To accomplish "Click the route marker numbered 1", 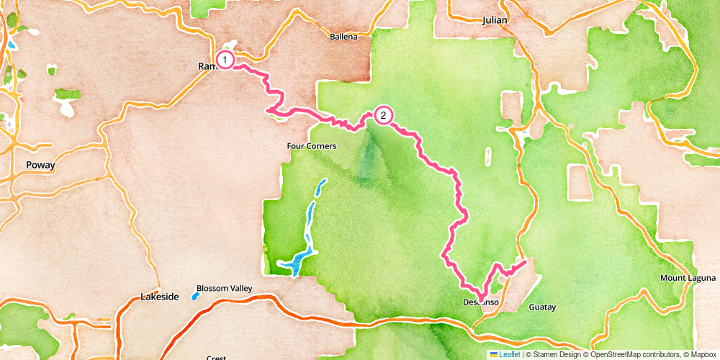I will coord(225,60).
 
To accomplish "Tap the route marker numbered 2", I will coord(383,115).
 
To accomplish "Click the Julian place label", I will coord(495,20).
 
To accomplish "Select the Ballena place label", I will coord(343,37).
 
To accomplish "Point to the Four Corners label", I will coord(312,145).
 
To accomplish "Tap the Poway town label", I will coord(40,164).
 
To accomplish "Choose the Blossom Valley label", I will coord(225,288).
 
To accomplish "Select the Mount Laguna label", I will coord(688,278).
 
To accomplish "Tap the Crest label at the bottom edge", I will coord(216,357).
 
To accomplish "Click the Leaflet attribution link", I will coord(509,354).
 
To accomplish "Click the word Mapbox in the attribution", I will coord(702,354).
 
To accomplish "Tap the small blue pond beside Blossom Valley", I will coord(195,295).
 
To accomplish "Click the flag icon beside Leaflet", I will coord(494,354).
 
